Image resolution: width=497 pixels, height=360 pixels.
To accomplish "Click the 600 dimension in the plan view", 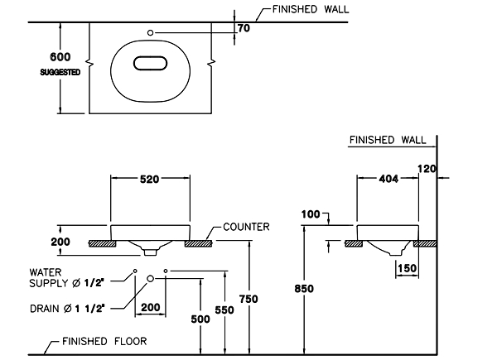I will pos(60,58).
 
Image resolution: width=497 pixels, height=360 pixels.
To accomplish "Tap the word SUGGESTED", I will pos(60,73).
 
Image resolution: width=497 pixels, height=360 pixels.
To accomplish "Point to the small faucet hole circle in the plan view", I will pos(150,32).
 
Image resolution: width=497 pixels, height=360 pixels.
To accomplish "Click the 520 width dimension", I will pos(149,179).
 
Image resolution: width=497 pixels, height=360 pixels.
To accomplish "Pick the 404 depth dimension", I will pos(387,179).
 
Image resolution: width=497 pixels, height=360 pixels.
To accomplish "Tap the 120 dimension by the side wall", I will pos(427,168).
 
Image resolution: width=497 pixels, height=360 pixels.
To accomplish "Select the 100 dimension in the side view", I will pos(311,215).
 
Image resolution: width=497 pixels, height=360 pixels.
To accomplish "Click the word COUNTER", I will pos(246,226).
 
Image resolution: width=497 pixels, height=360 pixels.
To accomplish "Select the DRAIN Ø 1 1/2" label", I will pos(65,308).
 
